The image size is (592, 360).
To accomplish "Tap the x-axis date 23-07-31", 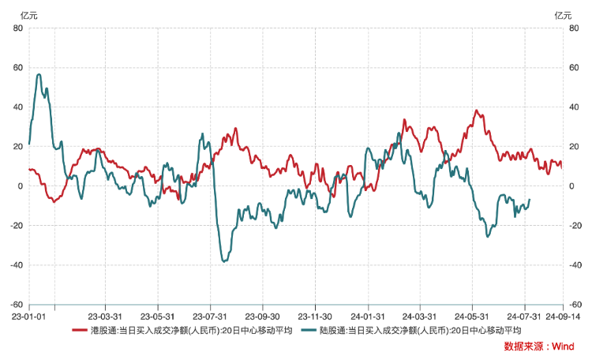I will click(x=211, y=313).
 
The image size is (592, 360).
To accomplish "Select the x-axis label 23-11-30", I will click(x=315, y=313).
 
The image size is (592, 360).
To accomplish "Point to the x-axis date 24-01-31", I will click(x=367, y=313).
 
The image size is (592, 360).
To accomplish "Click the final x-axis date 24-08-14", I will click(x=562, y=313).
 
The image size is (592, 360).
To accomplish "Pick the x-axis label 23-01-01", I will click(x=16, y=313).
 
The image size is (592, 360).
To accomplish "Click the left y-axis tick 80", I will click(x=17, y=28).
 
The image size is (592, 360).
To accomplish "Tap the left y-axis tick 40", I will click(x=17, y=107).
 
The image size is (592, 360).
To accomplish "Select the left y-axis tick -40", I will click(x=16, y=265).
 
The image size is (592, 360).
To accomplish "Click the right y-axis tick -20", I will click(x=575, y=226).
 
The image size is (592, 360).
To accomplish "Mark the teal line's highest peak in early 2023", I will click(x=39, y=74).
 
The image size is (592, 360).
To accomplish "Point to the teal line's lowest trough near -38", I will click(x=225, y=261).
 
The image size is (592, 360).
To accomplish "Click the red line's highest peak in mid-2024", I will click(x=477, y=110).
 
